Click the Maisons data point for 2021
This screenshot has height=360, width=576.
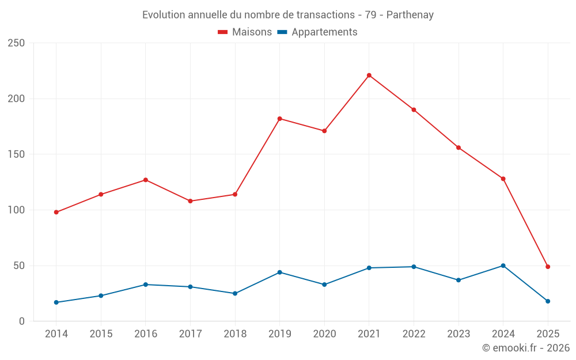point(369,75)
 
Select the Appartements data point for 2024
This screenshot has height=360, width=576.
point(503,266)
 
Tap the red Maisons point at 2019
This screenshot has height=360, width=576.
point(280,119)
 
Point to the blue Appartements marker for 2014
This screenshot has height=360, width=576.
point(56,302)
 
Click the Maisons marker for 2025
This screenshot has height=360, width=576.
point(548,267)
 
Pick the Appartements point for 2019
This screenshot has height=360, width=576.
point(280,272)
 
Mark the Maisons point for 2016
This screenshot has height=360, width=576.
point(146,180)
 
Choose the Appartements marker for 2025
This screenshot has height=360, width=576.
point(548,301)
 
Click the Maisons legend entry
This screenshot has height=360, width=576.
point(245,32)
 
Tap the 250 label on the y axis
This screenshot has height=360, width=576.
point(17,43)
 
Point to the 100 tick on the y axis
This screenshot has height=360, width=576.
point(17,210)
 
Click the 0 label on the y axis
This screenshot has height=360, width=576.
point(22,321)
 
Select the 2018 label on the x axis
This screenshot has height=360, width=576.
point(235,334)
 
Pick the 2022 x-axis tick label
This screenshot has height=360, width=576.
point(414,334)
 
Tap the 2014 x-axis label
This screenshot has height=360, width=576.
point(56,334)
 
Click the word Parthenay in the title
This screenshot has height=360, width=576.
point(410,15)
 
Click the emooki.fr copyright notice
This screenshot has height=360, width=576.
point(526,348)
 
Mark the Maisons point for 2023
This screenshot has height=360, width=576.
point(458,147)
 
